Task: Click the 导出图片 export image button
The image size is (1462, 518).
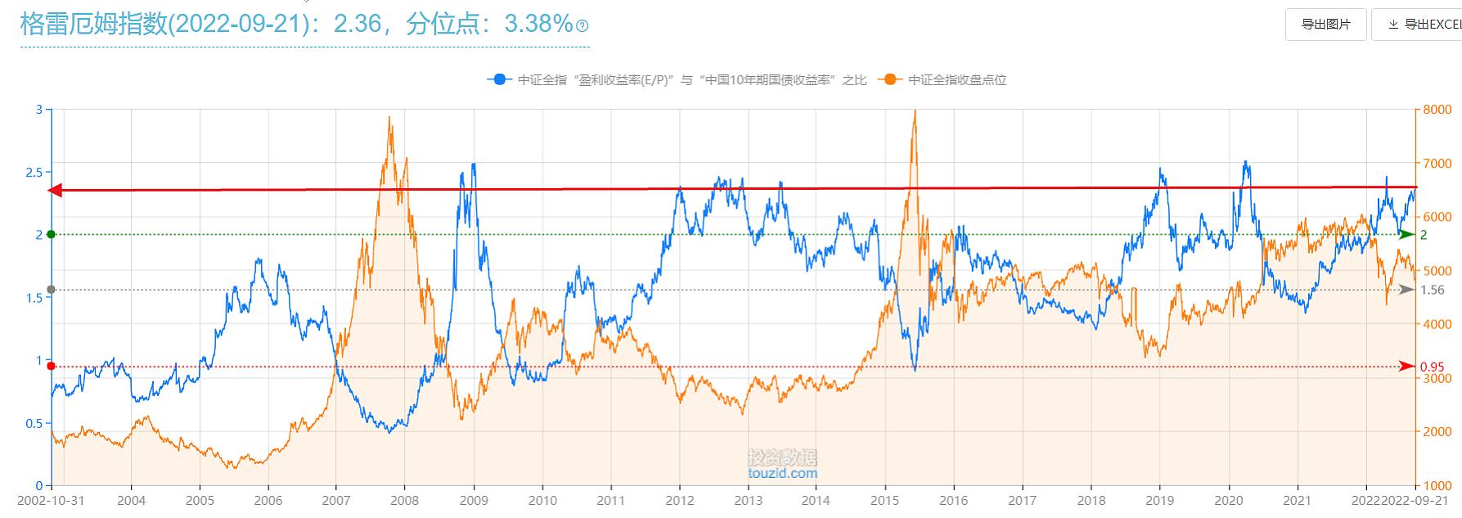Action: (1325, 25)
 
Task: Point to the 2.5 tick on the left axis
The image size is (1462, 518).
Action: (34, 172)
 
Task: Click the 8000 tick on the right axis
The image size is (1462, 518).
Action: (1437, 110)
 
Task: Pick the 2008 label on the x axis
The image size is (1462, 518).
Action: (404, 500)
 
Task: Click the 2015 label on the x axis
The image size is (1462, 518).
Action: (884, 500)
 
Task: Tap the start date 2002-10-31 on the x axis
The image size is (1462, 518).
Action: (51, 500)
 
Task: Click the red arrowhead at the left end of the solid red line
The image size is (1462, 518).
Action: (56, 191)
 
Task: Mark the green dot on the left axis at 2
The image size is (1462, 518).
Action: (52, 235)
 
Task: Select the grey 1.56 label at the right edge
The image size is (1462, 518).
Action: (1432, 290)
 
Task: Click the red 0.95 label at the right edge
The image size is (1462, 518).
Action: (1432, 367)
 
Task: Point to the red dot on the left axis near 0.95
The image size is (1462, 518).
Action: (52, 367)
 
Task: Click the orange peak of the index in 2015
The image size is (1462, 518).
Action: (914, 111)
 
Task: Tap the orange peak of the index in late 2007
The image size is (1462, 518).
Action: (389, 118)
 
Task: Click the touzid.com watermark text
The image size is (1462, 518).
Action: (782, 473)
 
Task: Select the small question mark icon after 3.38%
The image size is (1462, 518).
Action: (583, 26)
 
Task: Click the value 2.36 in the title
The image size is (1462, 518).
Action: (357, 24)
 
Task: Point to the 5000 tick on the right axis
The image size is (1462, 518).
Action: (1437, 271)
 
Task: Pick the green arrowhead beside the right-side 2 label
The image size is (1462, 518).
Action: (1406, 235)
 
